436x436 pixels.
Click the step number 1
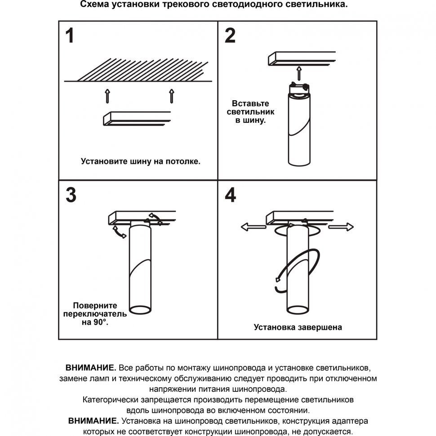pyautogui.click(x=69, y=36)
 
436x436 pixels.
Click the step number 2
pyautogui.click(x=230, y=36)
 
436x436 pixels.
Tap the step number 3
pyautogui.click(x=71, y=195)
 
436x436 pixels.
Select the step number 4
pyautogui.click(x=230, y=195)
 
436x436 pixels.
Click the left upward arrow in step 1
pyautogui.click(x=107, y=96)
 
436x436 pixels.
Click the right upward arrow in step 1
pyautogui.click(x=171, y=96)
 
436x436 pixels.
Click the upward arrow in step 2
pyautogui.click(x=299, y=72)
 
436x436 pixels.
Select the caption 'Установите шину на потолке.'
pyautogui.click(x=141, y=160)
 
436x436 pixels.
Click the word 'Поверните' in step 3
pyautogui.click(x=95, y=305)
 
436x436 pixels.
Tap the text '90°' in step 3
pyautogui.click(x=101, y=322)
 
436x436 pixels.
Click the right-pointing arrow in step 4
pyautogui.click(x=341, y=227)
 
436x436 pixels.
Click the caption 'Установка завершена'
pyautogui.click(x=298, y=327)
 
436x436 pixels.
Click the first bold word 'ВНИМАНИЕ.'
pyautogui.click(x=91, y=367)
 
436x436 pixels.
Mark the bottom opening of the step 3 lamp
pyautogui.click(x=140, y=310)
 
